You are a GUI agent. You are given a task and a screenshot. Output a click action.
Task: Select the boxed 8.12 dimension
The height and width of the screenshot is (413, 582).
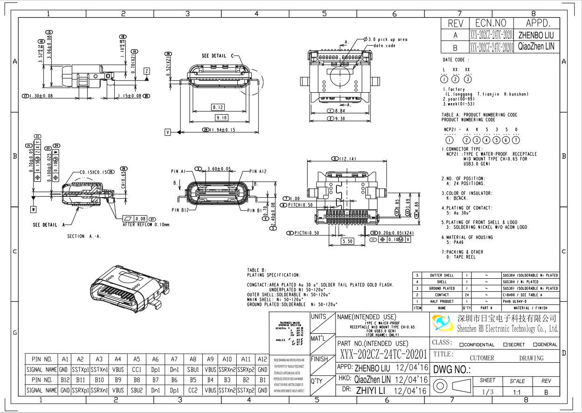point(218,107)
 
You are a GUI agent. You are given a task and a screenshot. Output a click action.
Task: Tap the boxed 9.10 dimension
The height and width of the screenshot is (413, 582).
point(221,118)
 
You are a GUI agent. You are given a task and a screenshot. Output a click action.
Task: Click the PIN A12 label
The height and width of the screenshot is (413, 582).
point(258,172)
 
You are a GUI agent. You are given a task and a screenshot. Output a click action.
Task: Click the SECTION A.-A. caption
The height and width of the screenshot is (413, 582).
point(84,236)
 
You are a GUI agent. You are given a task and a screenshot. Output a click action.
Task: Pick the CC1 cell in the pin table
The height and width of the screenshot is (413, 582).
point(137,370)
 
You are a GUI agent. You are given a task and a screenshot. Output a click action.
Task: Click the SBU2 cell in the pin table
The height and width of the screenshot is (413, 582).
point(137,390)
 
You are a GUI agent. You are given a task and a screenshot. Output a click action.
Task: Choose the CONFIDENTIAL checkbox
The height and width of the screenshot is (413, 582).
point(461,345)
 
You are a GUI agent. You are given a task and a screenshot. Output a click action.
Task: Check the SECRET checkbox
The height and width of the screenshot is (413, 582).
point(505,345)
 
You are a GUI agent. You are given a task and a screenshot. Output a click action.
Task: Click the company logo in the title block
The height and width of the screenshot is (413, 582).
point(442,323)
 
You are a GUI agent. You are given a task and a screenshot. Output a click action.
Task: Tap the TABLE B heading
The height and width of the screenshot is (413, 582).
point(256,270)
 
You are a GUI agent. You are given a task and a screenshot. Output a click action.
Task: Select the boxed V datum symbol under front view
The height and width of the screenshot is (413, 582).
point(168,132)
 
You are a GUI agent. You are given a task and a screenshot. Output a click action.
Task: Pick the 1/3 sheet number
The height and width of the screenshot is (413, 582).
point(487,392)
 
